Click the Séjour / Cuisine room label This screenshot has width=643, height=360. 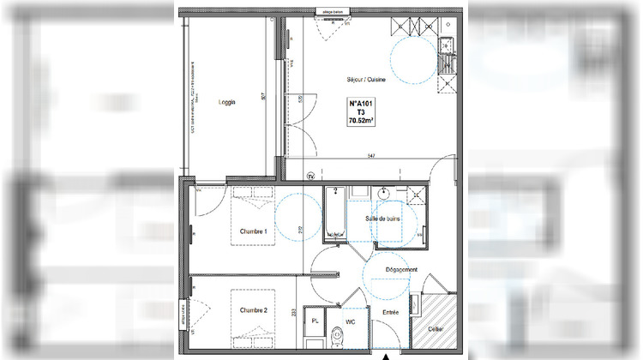367,80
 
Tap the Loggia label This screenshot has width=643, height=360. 226,102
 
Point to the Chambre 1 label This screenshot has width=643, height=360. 254,231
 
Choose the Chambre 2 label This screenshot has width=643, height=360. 254,309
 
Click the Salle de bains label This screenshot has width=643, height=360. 382,219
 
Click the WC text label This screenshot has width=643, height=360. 349,322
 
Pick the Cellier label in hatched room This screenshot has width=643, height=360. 437,327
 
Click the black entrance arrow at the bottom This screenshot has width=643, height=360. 386,355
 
